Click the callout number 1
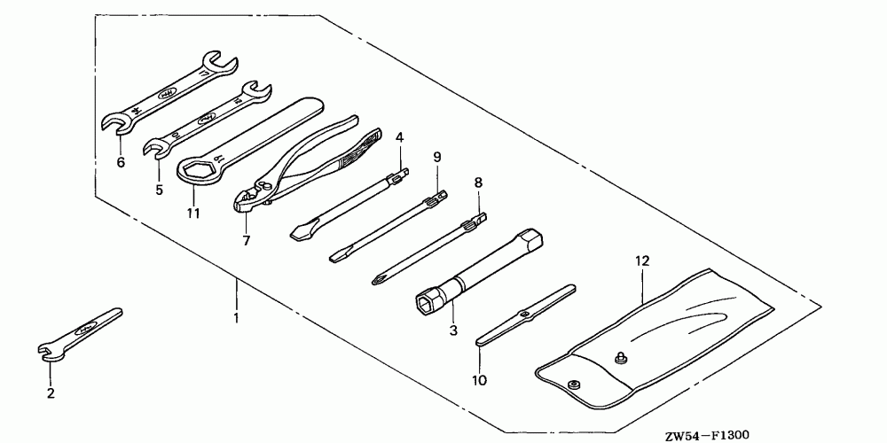235,317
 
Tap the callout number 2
51,393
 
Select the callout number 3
452,330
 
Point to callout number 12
642,261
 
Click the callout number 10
479,381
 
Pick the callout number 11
193,214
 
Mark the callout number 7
246,240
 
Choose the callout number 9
437,157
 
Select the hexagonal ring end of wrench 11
197,169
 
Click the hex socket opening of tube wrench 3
426,303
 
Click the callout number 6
121,162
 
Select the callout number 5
159,189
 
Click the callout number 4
400,137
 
